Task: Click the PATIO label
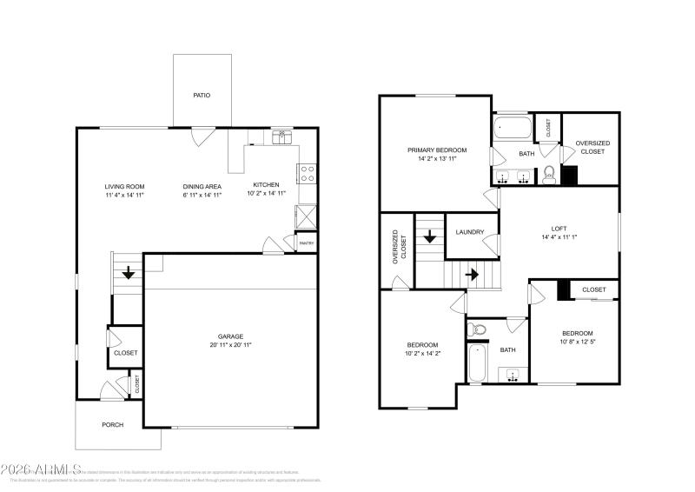(x=202, y=96)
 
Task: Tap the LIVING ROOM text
(x=124, y=186)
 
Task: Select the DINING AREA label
(x=202, y=186)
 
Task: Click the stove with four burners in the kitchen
(x=307, y=173)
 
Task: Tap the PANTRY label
(x=306, y=243)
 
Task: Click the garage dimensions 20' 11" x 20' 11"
(x=230, y=345)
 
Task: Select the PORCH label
(x=113, y=425)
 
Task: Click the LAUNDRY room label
(x=470, y=232)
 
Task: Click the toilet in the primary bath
(x=548, y=176)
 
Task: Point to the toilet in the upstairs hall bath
(x=475, y=330)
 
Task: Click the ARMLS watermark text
(x=42, y=469)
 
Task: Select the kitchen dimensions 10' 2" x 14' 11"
(x=267, y=195)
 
